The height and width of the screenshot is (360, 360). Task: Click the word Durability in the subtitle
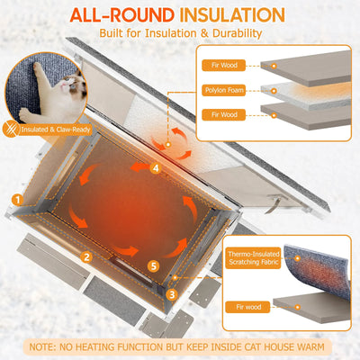(231, 33)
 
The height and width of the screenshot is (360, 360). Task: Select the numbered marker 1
(16, 199)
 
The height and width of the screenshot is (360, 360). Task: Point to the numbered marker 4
(155, 167)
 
